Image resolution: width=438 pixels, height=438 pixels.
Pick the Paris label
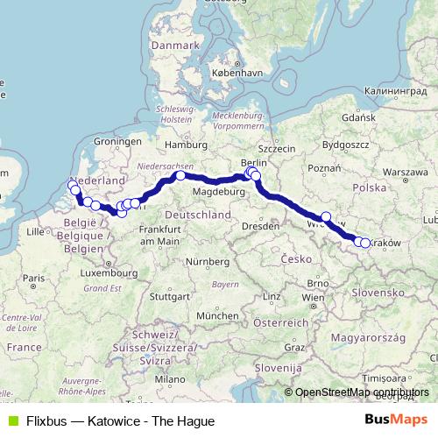pos(34,278)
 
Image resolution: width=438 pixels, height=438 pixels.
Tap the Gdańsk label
pos(359,117)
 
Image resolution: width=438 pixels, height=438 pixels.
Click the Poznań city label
pos(324,168)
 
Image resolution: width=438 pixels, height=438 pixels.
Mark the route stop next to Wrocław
pos(326,217)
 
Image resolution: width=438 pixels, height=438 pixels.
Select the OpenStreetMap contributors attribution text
pos(362,392)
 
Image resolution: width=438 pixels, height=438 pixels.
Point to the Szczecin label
pos(277,149)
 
